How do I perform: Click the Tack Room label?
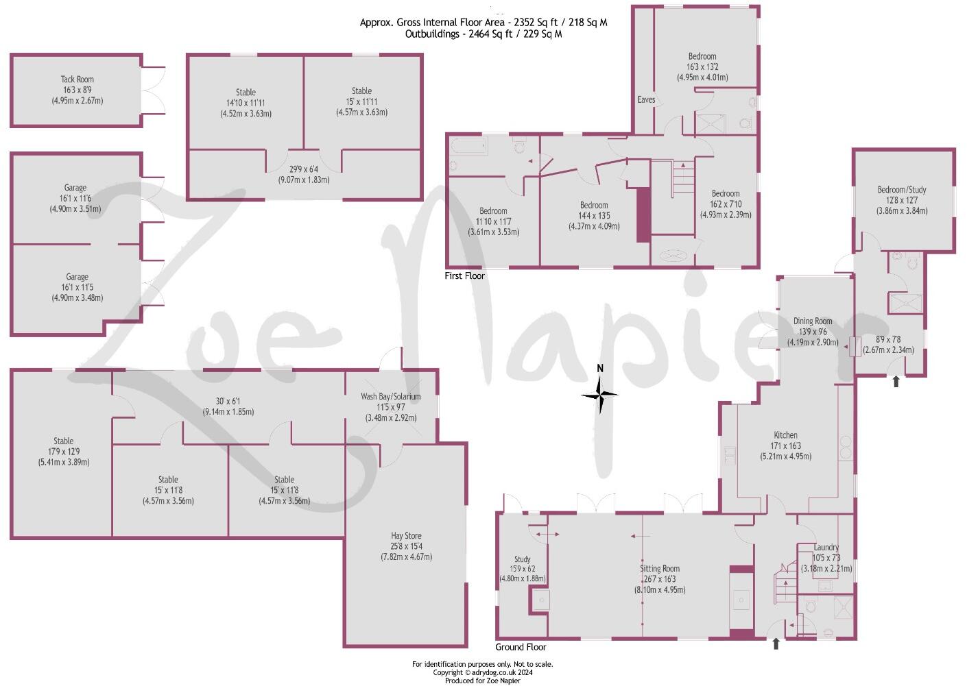pos(77,79)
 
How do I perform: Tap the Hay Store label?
pos(406,536)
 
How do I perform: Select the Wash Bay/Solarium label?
pos(390,396)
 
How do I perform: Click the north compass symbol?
pos(599,393)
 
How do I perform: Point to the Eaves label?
pos(646,99)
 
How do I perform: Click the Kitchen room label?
pos(785,435)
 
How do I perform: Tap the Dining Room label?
pos(812,321)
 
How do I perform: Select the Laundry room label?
pos(826,548)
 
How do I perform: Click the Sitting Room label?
pos(659,568)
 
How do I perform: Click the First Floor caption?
pos(464,275)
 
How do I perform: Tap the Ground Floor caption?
pos(521,647)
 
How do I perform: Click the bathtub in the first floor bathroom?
pos(468,146)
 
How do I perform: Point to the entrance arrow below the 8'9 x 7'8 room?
pos(896,382)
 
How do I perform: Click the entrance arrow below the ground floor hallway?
pos(776,644)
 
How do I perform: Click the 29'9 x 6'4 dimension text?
pos(303,169)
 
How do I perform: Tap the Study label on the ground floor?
pos(522,559)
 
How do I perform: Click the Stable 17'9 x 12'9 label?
pos(63,441)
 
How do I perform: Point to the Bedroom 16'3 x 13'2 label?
pos(702,56)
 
